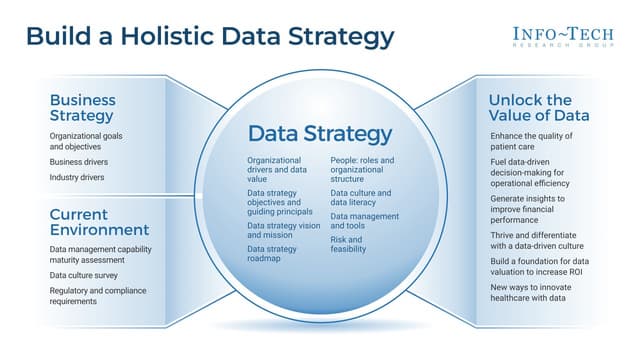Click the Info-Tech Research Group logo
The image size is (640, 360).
click(x=565, y=37)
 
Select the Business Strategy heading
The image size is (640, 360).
click(x=83, y=108)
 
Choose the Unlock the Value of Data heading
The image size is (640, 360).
click(x=538, y=108)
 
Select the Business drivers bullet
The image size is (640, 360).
click(x=79, y=161)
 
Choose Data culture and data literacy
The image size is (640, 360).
click(x=361, y=197)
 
